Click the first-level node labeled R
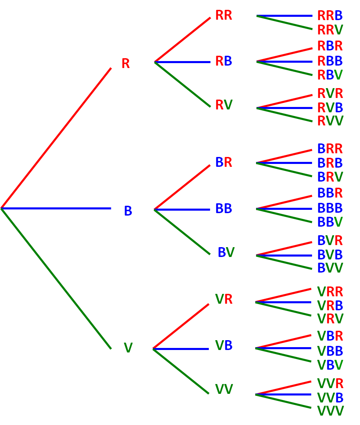click(125, 64)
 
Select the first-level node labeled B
click(128, 211)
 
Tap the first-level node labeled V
click(128, 348)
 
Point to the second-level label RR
click(224, 16)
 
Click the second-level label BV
click(226, 252)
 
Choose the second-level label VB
click(224, 346)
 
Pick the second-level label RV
click(224, 105)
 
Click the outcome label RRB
click(330, 16)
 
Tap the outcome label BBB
click(330, 208)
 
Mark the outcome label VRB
click(330, 306)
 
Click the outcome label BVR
click(330, 241)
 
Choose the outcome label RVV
click(330, 121)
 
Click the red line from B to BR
click(182, 187)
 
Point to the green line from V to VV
click(181, 371)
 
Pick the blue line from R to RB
click(182, 62)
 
